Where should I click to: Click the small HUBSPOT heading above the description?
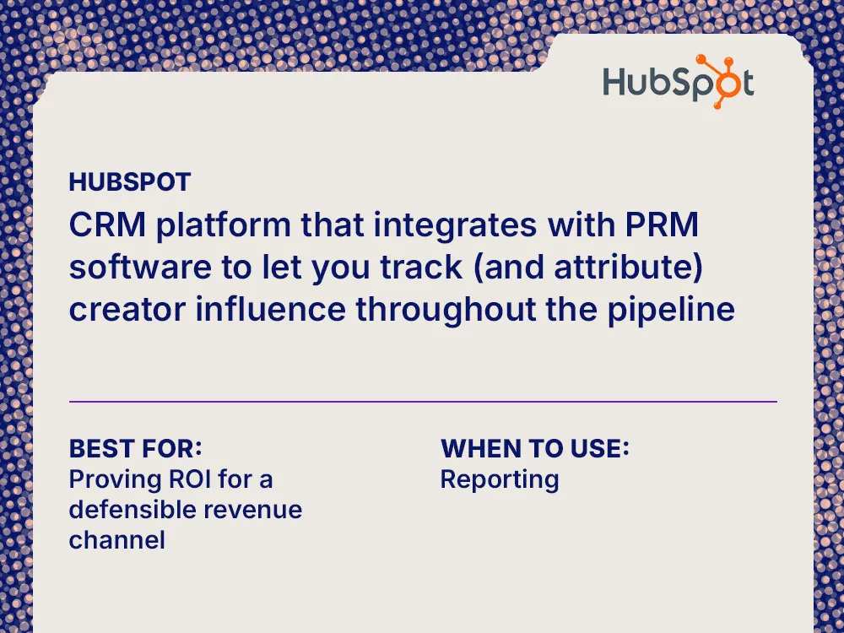130,181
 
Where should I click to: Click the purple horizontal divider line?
422,402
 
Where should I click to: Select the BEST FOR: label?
135,447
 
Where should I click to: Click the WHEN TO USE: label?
535,447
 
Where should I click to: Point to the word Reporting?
500,479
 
